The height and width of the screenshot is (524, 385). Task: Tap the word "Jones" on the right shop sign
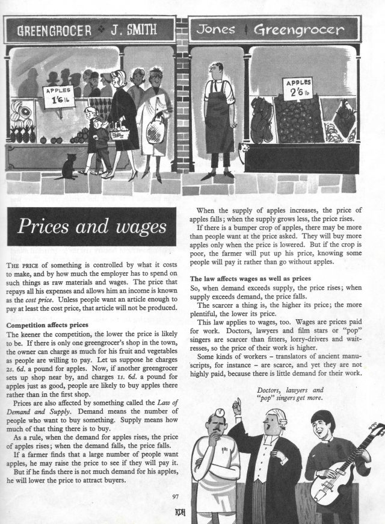221,29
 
